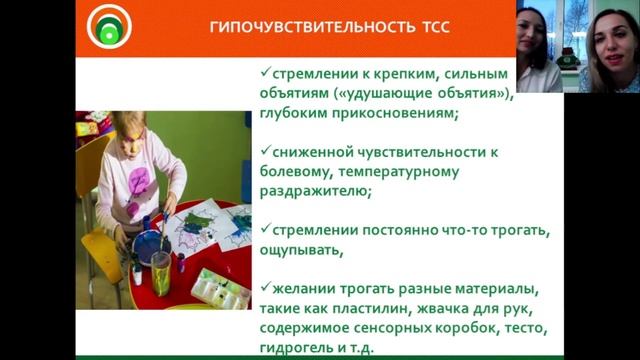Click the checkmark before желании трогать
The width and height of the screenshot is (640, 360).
(x=262, y=287)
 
